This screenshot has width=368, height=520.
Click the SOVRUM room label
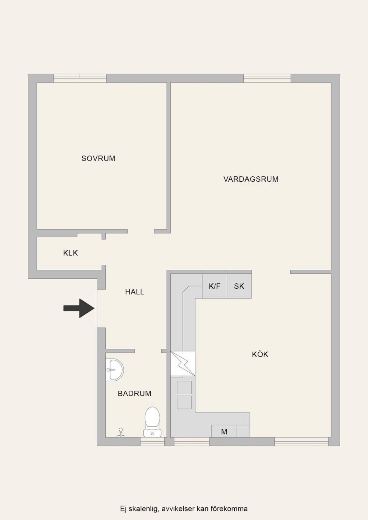point(98,158)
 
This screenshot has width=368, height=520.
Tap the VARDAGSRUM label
point(251,179)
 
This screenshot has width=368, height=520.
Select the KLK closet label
point(70,253)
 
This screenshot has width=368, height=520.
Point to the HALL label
point(135,292)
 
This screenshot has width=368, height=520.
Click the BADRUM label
point(134,394)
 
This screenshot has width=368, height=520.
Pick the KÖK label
point(260,354)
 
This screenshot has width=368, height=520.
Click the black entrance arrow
point(79,308)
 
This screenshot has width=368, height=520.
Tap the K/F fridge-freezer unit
point(215,286)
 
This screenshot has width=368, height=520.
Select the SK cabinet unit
point(239,286)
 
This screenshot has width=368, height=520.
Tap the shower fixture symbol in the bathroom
point(121,433)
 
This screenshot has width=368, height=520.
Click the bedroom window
point(80,78)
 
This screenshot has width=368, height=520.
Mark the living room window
point(267,78)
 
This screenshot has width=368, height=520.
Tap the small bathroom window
point(152,442)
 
